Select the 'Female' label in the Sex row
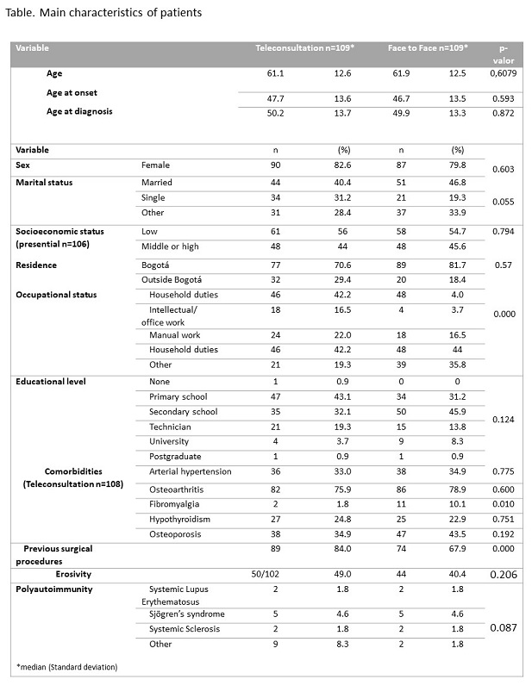pyautogui.click(x=155, y=165)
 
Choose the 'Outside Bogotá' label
pyautogui.click(x=172, y=279)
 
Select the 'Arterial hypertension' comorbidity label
pyautogui.click(x=190, y=471)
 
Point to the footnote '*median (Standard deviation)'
pyautogui.click(x=67, y=667)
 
